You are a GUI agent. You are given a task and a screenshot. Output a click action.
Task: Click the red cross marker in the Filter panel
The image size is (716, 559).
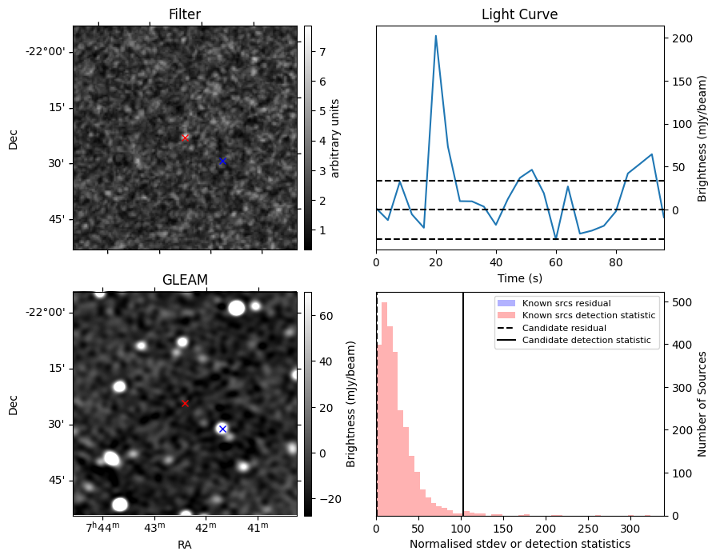tap(185, 138)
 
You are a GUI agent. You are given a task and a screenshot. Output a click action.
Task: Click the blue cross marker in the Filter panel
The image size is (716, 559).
tap(222, 161)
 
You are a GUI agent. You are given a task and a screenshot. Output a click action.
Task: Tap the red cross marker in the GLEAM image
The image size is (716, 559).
tap(185, 403)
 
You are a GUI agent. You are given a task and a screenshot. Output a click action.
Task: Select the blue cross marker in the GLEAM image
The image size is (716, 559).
tap(222, 429)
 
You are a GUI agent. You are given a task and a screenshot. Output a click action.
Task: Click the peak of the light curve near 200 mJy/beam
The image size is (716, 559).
tap(436, 36)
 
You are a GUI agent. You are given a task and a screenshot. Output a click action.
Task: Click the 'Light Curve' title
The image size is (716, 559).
tap(519, 14)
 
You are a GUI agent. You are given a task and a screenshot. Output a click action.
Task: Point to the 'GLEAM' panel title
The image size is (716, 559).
tap(185, 280)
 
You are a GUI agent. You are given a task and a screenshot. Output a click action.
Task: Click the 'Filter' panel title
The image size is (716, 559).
tap(185, 14)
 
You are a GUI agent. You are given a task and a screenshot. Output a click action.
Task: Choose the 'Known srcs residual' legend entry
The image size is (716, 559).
tap(566, 303)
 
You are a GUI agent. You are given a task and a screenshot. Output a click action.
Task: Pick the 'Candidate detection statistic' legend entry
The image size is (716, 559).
tap(586, 341)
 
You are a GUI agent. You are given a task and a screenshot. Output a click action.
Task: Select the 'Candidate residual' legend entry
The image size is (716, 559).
tap(564, 328)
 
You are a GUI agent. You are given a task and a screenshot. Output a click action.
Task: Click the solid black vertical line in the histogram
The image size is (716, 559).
tap(463, 400)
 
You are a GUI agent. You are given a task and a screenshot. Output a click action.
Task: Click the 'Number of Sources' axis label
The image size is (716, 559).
tap(701, 404)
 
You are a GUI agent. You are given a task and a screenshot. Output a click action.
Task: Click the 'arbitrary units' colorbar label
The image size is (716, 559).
tap(336, 138)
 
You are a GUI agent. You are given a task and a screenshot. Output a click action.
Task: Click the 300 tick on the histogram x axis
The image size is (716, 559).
tap(630, 529)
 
